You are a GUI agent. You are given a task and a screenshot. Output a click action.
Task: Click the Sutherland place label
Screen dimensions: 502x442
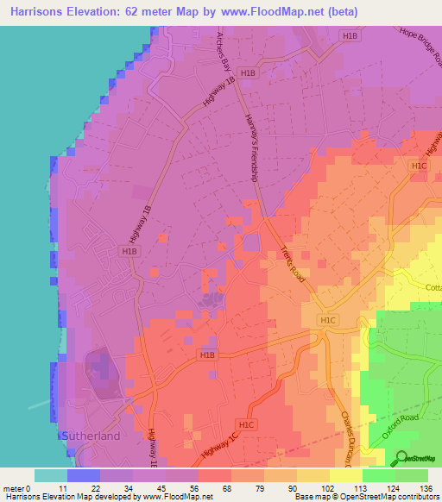click(x=90, y=436)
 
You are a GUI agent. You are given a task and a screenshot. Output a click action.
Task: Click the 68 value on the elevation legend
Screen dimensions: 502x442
click(x=226, y=488)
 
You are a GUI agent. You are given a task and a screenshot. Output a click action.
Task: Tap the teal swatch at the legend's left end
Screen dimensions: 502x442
click(x=51, y=475)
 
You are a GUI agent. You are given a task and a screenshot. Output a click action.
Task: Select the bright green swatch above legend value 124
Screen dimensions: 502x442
click(x=378, y=475)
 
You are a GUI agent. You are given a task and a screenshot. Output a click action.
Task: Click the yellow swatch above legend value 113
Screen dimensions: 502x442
click(x=345, y=475)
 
